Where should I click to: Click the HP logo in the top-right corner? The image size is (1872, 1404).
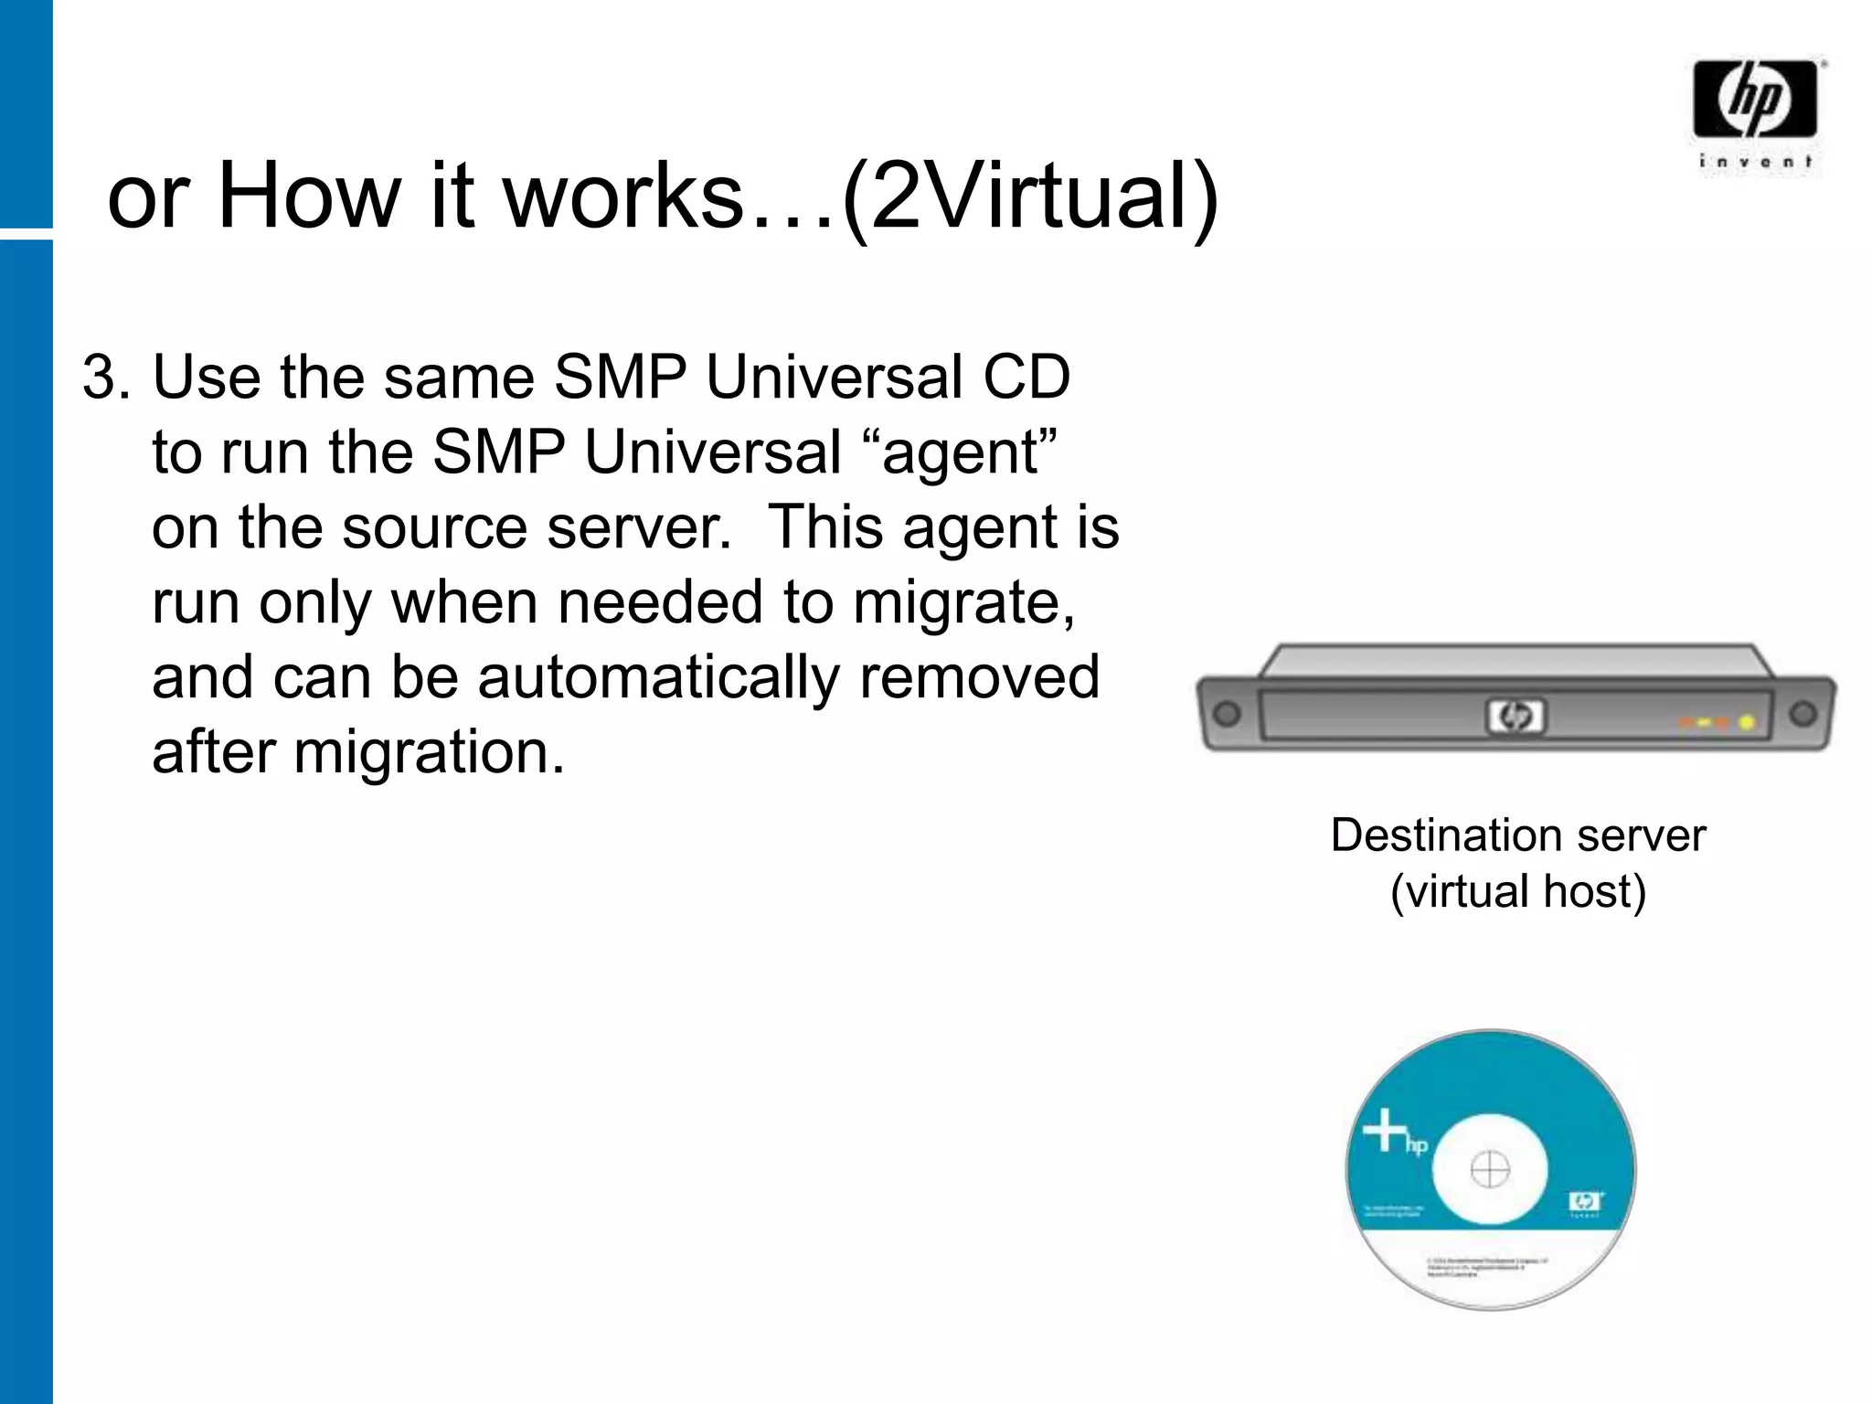pyautogui.click(x=1754, y=98)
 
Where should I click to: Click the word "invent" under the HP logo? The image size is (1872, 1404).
pyautogui.click(x=1755, y=163)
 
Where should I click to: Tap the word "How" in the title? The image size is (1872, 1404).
pyautogui.click(x=309, y=195)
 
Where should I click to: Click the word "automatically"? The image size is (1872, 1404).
pyautogui.click(x=658, y=677)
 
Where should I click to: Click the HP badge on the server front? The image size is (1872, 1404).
pyautogui.click(x=1515, y=718)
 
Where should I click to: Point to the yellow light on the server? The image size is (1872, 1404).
pyautogui.click(x=1746, y=723)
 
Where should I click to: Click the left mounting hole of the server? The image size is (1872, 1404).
pyautogui.click(x=1228, y=713)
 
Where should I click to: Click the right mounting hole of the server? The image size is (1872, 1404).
pyautogui.click(x=1803, y=712)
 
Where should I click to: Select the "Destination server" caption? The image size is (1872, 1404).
pyautogui.click(x=1517, y=835)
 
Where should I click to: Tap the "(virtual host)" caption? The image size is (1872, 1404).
pyautogui.click(x=1517, y=891)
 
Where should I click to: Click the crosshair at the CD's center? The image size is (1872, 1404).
pyautogui.click(x=1489, y=1169)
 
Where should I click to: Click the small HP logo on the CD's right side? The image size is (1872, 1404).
pyautogui.click(x=1585, y=1200)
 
